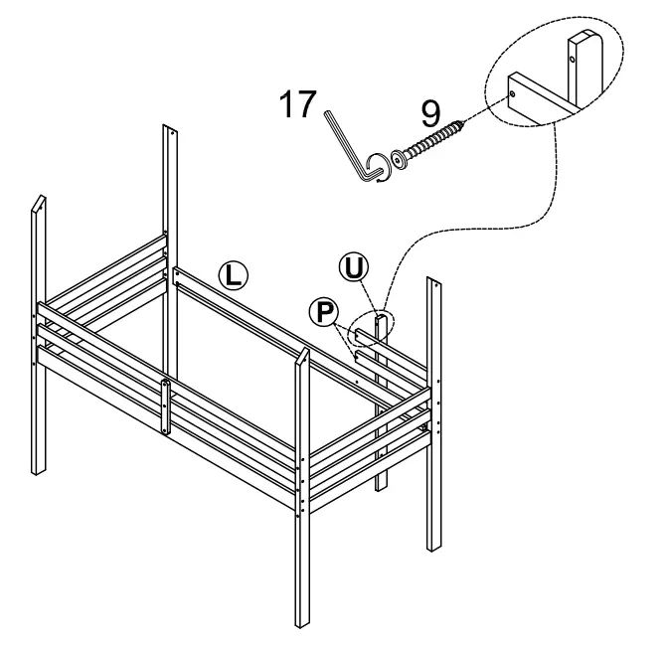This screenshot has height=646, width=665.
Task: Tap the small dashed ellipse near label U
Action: tap(381, 323)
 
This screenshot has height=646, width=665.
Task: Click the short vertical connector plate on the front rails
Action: tap(166, 406)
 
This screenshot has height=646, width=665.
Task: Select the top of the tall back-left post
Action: tap(170, 128)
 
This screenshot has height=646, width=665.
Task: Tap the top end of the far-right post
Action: tap(434, 283)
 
